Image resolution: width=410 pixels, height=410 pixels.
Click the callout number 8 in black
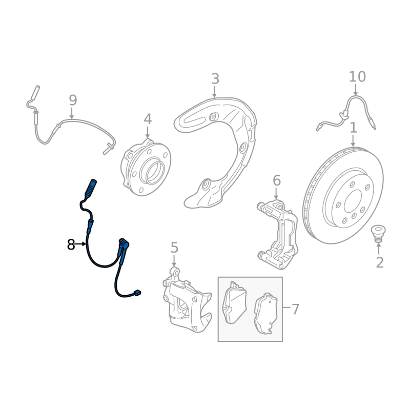coord(71,245)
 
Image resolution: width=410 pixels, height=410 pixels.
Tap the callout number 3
coord(215,79)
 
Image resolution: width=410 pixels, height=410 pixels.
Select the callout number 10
coord(357,76)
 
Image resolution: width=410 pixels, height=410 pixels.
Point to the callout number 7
coord(295,309)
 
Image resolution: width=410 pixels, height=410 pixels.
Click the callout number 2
coord(380,262)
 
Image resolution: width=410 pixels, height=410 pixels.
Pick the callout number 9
coord(73,100)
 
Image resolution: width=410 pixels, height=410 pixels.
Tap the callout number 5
coord(174,248)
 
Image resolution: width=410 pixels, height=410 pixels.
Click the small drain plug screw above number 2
coord(378,234)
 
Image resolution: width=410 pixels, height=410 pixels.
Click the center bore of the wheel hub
coord(156,173)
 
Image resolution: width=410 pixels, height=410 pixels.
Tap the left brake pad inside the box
coord(234,302)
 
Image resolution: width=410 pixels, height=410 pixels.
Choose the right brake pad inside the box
coord(265,314)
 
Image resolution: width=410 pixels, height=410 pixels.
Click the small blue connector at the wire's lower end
coord(137,293)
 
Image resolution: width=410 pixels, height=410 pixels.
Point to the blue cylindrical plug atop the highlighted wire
coord(90,188)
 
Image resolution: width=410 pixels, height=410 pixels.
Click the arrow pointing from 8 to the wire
coord(80,244)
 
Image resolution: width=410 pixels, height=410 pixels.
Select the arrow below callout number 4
coord(148,132)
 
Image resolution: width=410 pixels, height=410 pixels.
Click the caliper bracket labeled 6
coord(277,234)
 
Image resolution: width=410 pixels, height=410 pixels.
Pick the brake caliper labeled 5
coord(187,300)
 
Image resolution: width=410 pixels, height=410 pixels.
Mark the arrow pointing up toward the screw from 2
coord(378,249)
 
